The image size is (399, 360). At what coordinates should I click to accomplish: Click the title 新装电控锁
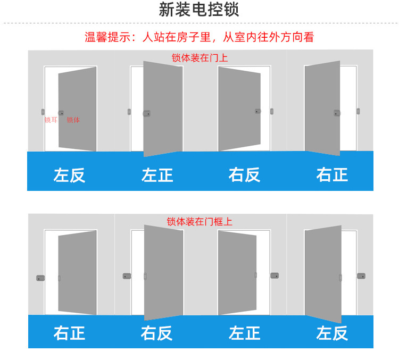[199, 10]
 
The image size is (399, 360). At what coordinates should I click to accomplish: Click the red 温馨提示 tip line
[199, 37]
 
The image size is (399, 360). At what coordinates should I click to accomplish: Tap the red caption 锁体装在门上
[199, 58]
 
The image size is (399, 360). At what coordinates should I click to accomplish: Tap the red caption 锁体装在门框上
[199, 222]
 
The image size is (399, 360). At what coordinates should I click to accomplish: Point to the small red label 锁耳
[51, 120]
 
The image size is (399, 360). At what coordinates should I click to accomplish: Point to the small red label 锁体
[73, 120]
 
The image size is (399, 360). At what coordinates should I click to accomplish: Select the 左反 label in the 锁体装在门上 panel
[69, 175]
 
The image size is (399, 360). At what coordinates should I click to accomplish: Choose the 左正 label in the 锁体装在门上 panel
[157, 175]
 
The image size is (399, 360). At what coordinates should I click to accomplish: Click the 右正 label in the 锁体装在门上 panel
[332, 175]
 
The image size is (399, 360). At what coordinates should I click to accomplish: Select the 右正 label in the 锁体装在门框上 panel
[69, 333]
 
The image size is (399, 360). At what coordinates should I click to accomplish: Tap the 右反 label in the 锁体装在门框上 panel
[157, 333]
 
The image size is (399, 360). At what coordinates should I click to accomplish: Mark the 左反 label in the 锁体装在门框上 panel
[332, 333]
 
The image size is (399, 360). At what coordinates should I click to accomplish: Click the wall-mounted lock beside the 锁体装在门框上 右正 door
[40, 278]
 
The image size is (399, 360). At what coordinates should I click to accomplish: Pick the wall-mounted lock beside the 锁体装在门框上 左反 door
[361, 276]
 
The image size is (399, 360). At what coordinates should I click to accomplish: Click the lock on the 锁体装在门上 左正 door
[146, 113]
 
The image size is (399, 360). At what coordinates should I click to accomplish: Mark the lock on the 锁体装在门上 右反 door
[257, 111]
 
